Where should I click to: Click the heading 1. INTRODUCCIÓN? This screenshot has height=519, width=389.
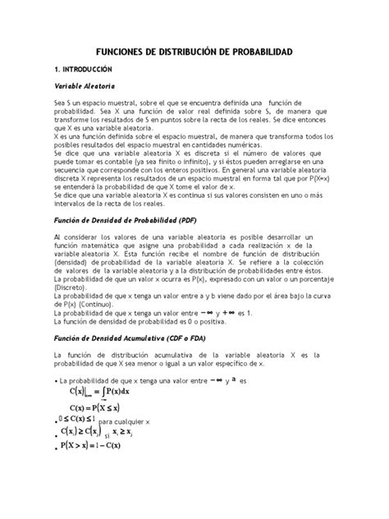[x=92, y=71]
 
